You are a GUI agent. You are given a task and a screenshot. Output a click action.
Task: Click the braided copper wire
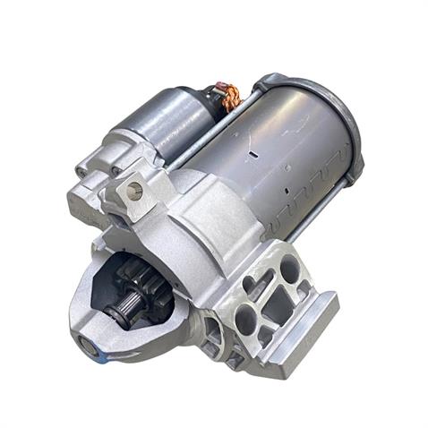click(231, 96)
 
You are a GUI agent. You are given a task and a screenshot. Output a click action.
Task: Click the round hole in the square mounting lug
click(135, 190)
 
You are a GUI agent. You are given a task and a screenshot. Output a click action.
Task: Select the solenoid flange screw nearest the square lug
click(116, 171)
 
